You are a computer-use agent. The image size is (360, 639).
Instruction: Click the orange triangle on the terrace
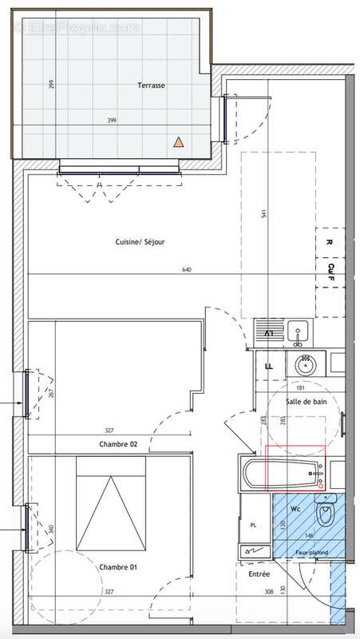coord(180,142)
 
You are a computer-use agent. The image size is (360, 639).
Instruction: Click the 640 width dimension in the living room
coord(187,270)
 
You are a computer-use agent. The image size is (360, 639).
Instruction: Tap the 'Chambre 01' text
coord(113,567)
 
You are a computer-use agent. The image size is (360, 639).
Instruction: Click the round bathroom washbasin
coord(306,365)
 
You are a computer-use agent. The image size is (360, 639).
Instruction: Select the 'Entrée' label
coord(259,574)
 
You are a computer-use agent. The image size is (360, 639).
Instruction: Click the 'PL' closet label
coord(254,526)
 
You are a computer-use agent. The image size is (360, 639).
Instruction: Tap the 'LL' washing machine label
coord(268,365)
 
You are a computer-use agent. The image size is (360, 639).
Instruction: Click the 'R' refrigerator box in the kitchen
coord(329,239)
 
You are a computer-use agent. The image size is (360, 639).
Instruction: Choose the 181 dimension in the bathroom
coord(301,389)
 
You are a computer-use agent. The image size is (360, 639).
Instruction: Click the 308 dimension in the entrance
coord(271,592)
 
